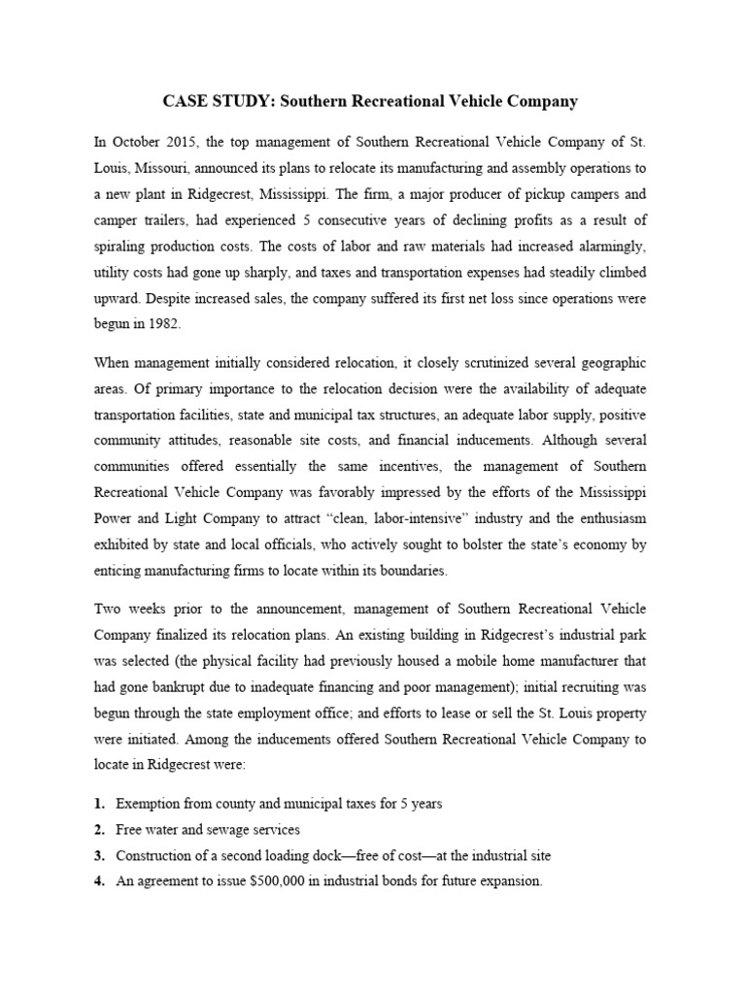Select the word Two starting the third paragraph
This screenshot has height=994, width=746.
tap(107, 609)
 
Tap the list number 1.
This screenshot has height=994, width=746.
tap(99, 805)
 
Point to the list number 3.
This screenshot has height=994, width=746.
tap(99, 855)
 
